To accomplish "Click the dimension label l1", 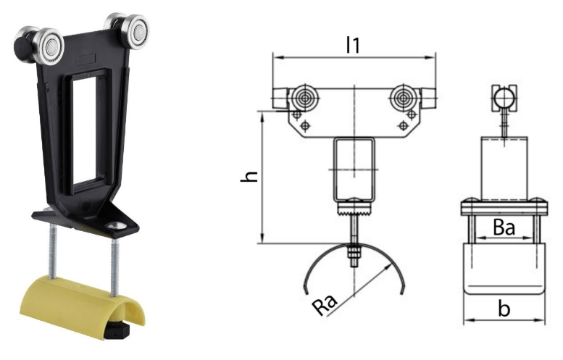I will (x=353, y=44).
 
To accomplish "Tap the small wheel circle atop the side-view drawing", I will (x=503, y=94).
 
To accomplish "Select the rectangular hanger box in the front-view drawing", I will (x=352, y=169).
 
